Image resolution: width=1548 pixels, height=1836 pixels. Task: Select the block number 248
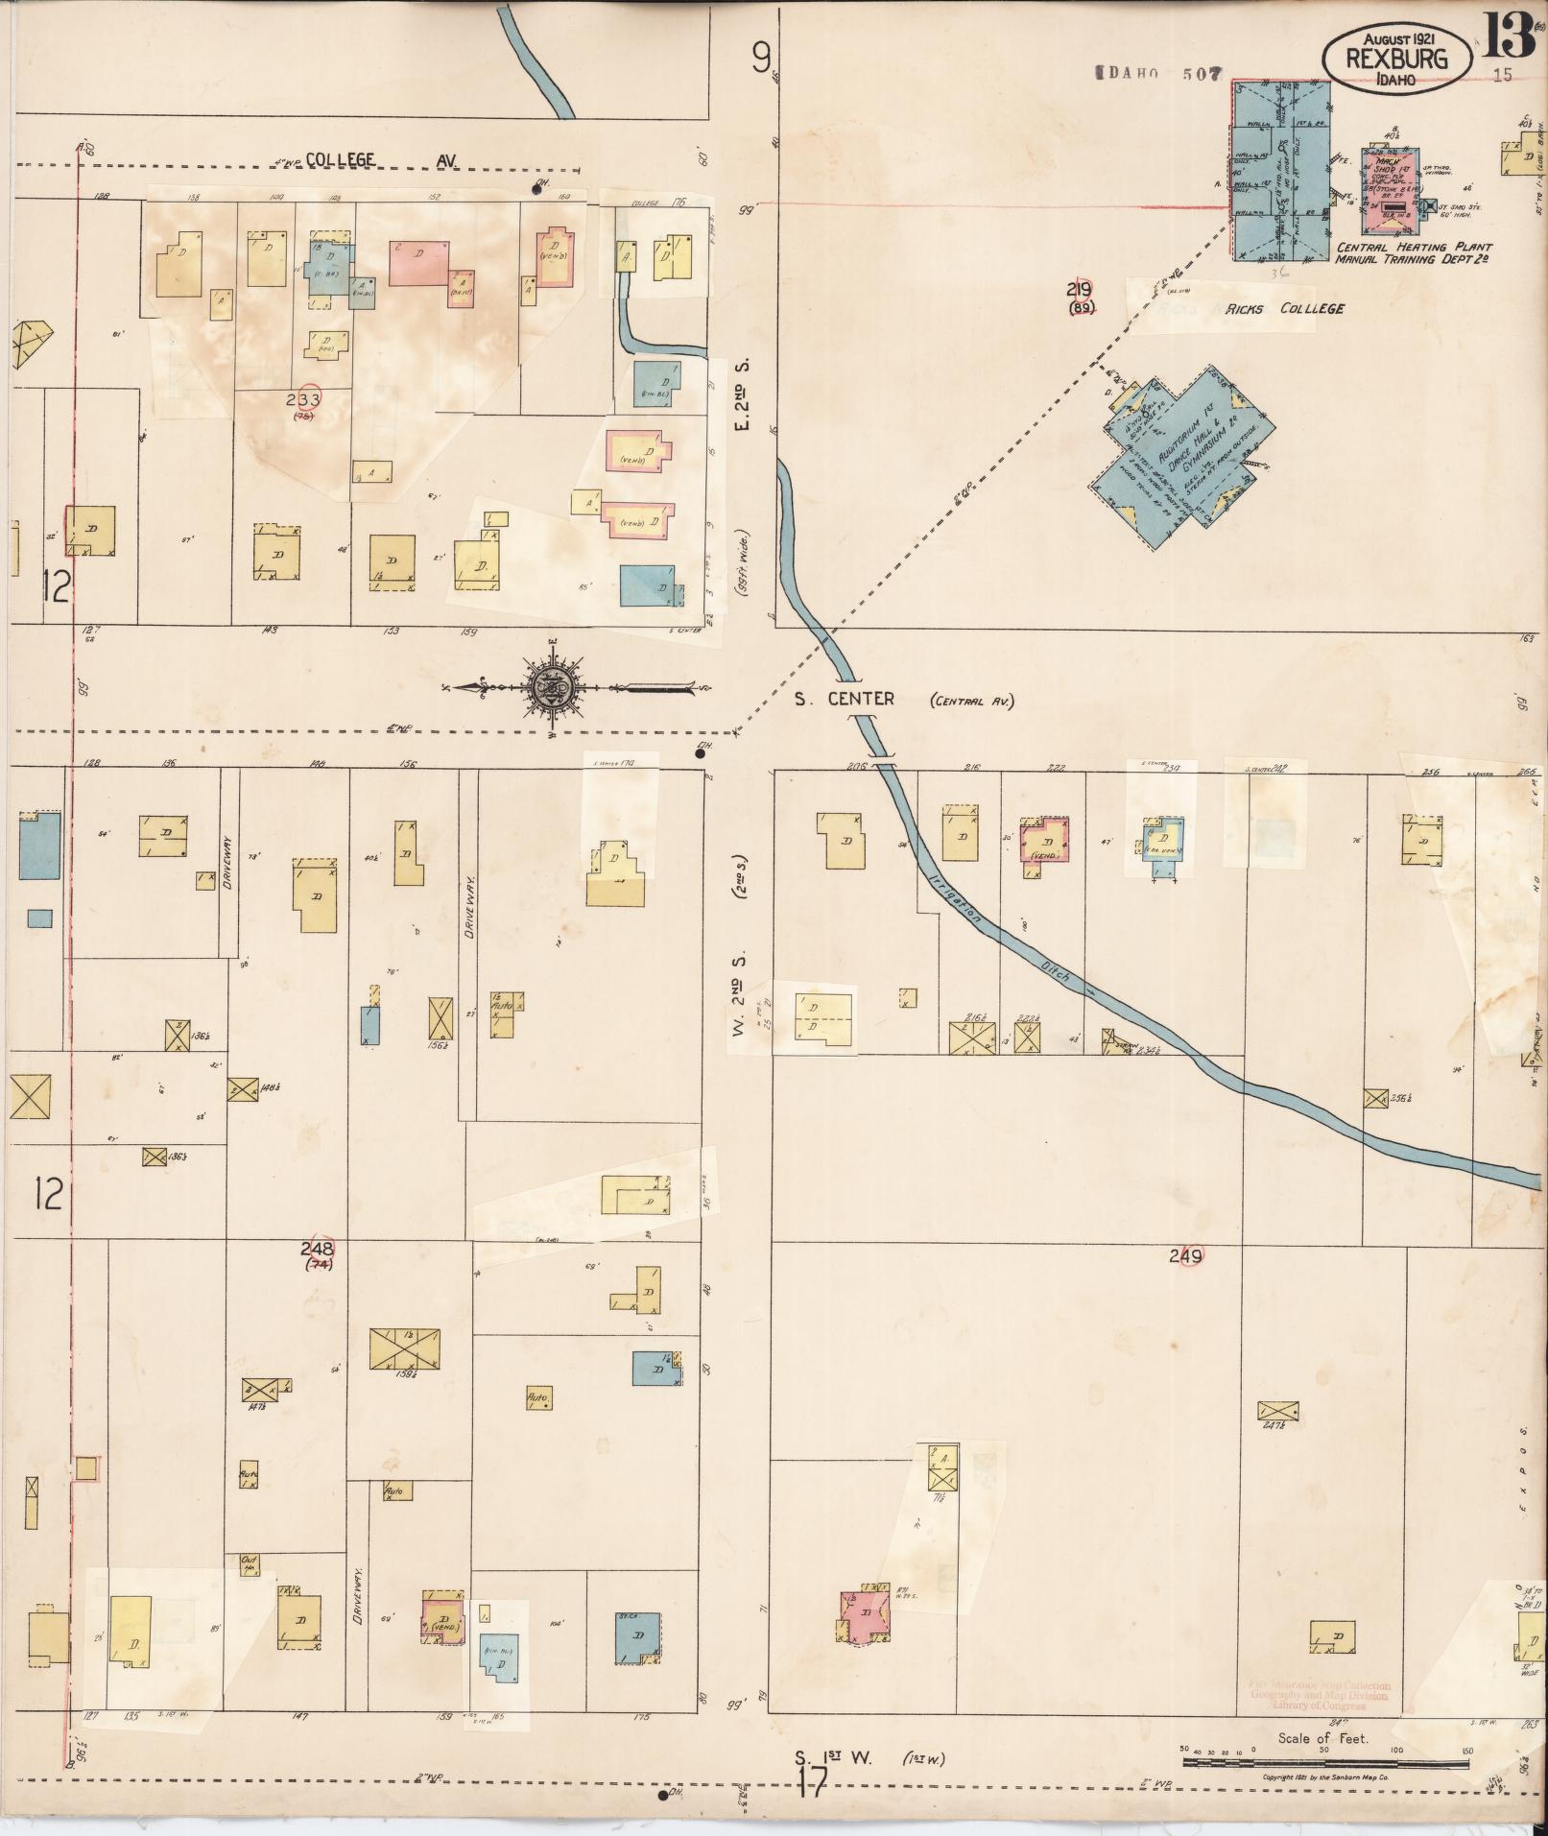point(317,1250)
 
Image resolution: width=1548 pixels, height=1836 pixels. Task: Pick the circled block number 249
point(1186,1255)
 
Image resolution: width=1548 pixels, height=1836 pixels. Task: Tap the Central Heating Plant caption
point(1413,247)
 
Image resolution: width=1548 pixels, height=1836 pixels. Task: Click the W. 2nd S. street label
point(739,989)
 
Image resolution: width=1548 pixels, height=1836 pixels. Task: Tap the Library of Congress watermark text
point(1320,1705)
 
